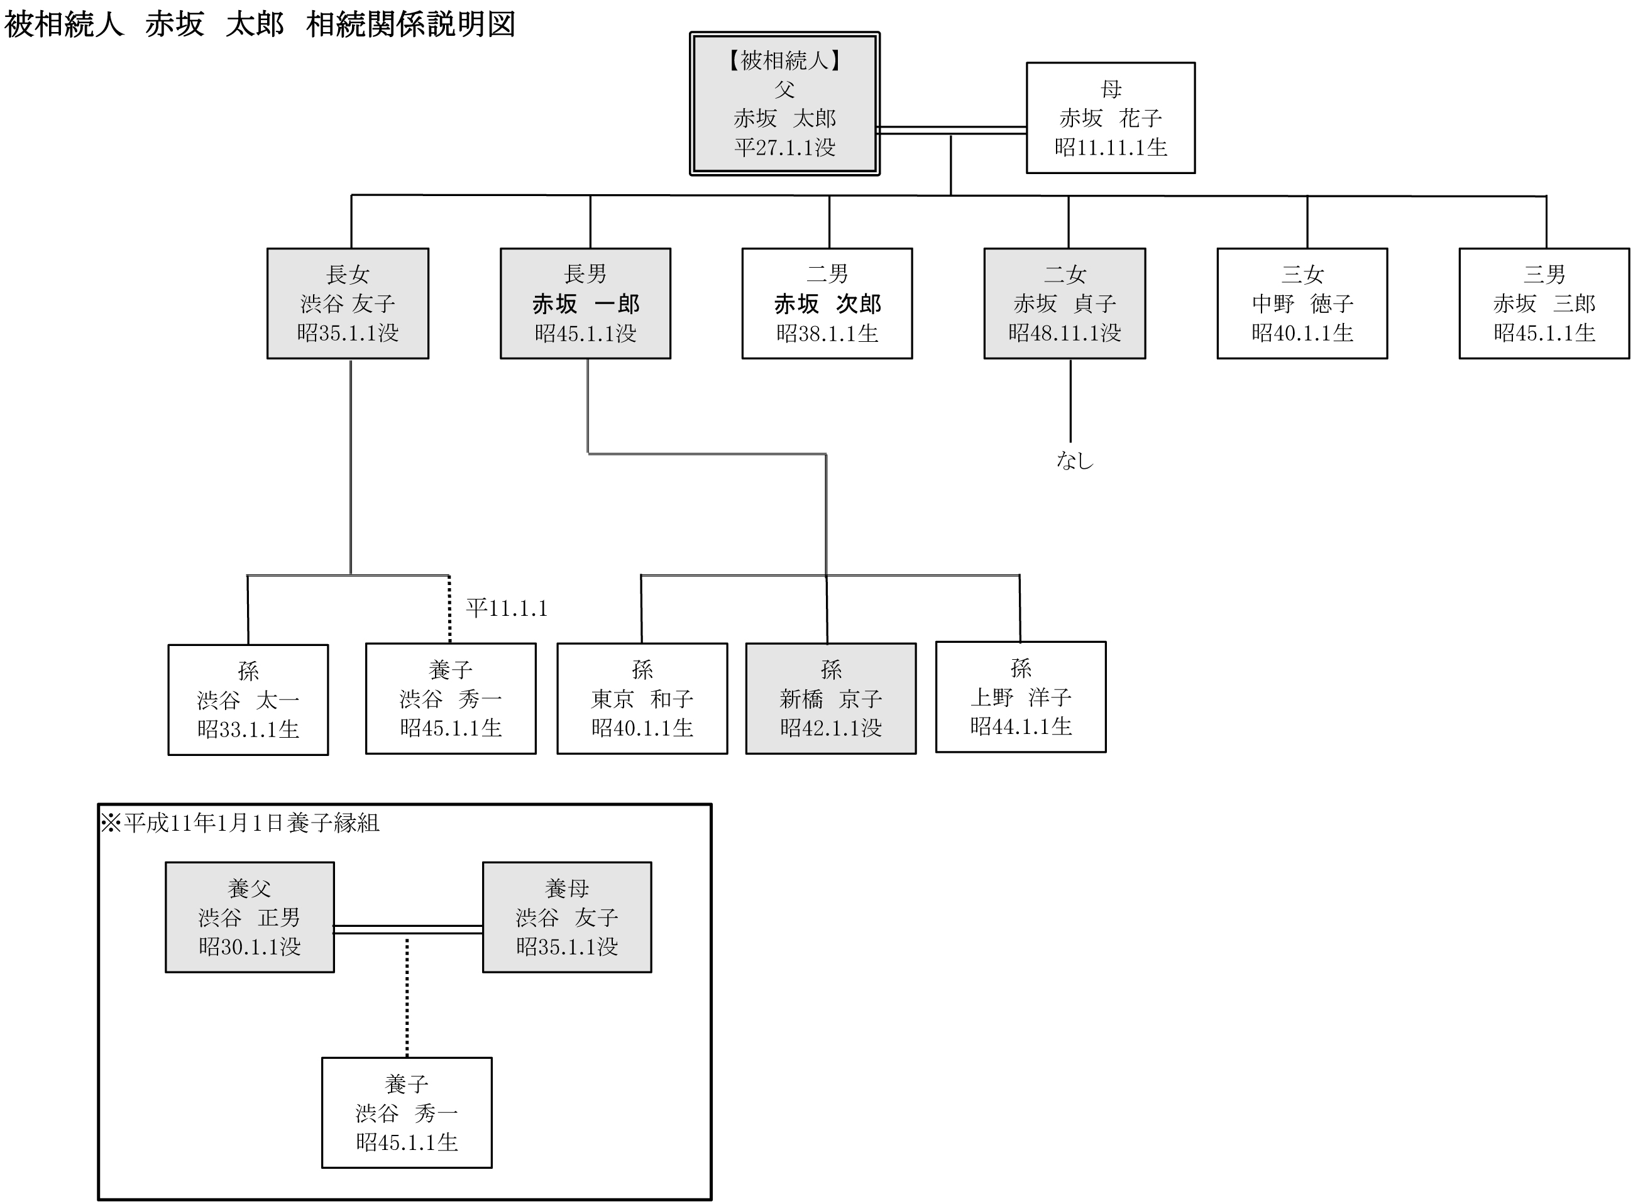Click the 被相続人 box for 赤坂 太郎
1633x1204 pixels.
784,104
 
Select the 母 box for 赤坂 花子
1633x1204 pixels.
1110,118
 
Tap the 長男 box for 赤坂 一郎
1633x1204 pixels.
585,303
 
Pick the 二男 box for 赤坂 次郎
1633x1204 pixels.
827,303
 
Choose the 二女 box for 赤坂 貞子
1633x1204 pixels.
1064,303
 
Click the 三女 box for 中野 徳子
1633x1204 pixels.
1302,303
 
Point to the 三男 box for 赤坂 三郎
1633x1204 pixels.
1544,303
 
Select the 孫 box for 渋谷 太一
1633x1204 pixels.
248,699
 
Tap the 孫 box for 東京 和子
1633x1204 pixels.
642,698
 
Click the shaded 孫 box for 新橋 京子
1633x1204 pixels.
831,698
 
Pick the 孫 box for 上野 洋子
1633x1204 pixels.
1021,697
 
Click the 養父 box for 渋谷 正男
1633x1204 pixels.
250,917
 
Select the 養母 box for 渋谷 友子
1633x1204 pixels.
567,917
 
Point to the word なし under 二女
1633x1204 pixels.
1075,460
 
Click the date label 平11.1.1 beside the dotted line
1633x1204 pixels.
507,608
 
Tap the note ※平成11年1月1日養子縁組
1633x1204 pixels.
241,823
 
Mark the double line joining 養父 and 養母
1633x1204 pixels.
409,929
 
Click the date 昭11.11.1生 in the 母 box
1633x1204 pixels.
1110,147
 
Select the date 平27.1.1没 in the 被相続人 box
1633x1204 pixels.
784,147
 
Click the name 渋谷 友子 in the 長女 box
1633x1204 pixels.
348,303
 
